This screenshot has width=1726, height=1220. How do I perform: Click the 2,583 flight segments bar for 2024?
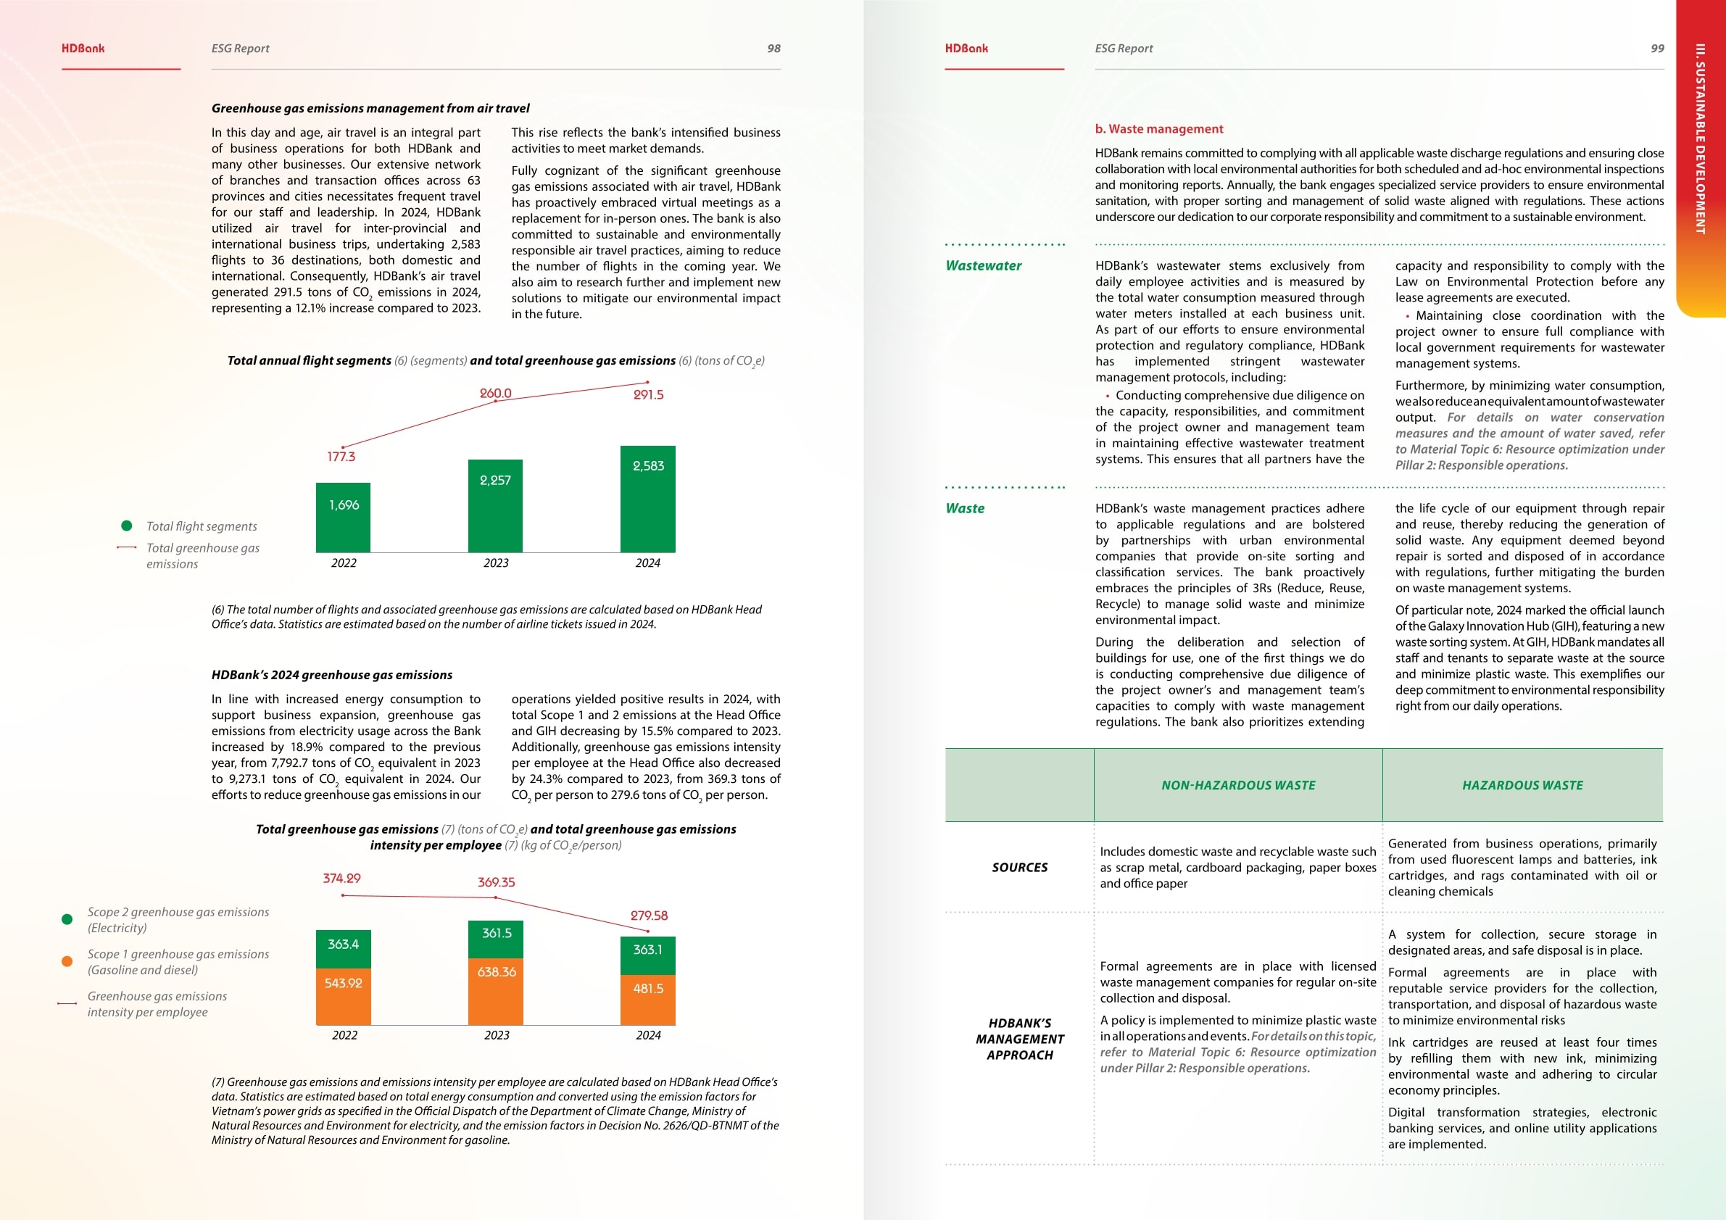647,499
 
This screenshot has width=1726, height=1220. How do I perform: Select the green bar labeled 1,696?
344,517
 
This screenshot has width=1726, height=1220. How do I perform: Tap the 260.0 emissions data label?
495,393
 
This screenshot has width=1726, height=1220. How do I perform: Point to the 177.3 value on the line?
341,456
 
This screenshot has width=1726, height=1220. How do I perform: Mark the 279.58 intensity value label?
649,916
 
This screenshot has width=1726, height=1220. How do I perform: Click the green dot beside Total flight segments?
127,526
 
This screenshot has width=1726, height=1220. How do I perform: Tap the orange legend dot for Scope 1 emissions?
67,961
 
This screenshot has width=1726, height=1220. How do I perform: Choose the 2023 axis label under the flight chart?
496,563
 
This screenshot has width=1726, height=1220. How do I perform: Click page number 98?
773,48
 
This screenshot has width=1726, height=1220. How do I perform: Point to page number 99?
1657,48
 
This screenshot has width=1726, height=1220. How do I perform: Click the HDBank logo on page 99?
966,48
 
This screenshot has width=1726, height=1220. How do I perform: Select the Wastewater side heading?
983,265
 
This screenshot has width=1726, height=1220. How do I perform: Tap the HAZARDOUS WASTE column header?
1522,786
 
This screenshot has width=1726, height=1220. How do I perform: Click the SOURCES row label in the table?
1019,868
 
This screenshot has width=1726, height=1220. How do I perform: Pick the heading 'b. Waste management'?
1158,129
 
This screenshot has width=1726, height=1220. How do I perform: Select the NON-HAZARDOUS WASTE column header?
1238,786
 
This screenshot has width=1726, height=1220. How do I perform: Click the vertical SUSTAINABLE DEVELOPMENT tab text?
1700,139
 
